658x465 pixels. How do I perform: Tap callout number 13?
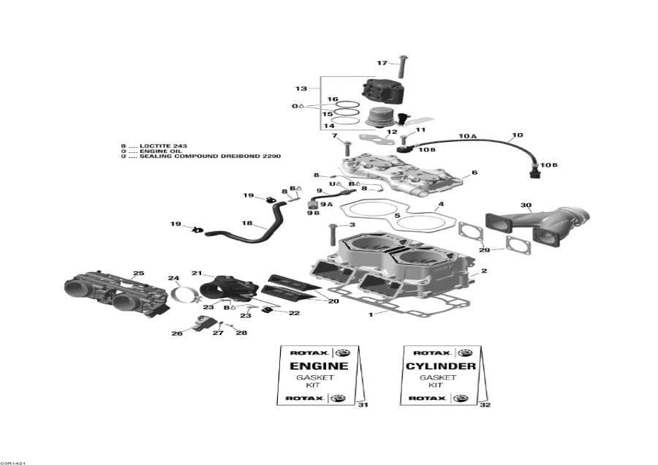(301, 88)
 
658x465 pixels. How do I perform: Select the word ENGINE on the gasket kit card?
(319, 366)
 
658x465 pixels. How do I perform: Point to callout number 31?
(363, 405)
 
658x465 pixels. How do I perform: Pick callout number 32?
(485, 405)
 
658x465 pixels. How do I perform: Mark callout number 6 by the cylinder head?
(474, 173)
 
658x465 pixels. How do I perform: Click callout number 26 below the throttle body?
(176, 333)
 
